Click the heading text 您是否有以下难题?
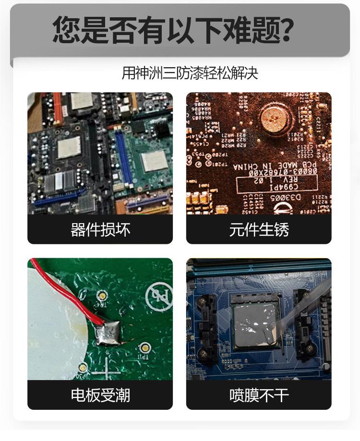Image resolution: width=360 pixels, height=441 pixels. pyautogui.click(x=173, y=30)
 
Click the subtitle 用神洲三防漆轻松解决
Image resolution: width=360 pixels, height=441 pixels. pyautogui.click(x=190, y=73)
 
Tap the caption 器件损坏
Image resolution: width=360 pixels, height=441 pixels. pyautogui.click(x=100, y=230)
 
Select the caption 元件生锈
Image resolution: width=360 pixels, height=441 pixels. pyautogui.click(x=259, y=230)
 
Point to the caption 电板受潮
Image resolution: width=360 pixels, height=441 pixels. pyautogui.click(x=100, y=395)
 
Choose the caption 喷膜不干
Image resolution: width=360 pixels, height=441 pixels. pyautogui.click(x=259, y=395)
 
